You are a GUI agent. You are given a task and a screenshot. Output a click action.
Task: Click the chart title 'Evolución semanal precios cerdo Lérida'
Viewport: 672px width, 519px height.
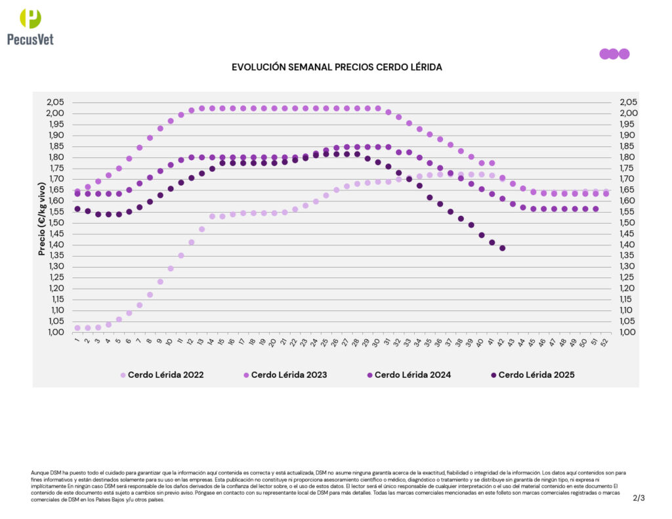[337, 68]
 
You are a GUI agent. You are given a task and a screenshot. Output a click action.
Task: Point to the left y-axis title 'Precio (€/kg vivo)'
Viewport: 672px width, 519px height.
[41, 217]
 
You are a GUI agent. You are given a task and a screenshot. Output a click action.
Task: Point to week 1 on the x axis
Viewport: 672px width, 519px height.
[77, 341]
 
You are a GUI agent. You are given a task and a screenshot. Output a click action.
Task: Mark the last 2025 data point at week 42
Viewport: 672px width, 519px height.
[503, 248]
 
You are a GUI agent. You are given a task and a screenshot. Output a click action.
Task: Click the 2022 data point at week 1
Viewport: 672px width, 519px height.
[77, 327]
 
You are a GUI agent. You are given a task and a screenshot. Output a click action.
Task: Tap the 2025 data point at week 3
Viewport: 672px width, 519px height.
[98, 214]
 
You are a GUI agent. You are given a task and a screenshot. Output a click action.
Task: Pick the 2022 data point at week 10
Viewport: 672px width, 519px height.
[171, 268]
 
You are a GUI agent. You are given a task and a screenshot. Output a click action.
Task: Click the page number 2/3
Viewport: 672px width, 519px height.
[639, 498]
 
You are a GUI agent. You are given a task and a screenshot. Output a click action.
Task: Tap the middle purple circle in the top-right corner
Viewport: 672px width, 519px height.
[614, 54]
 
